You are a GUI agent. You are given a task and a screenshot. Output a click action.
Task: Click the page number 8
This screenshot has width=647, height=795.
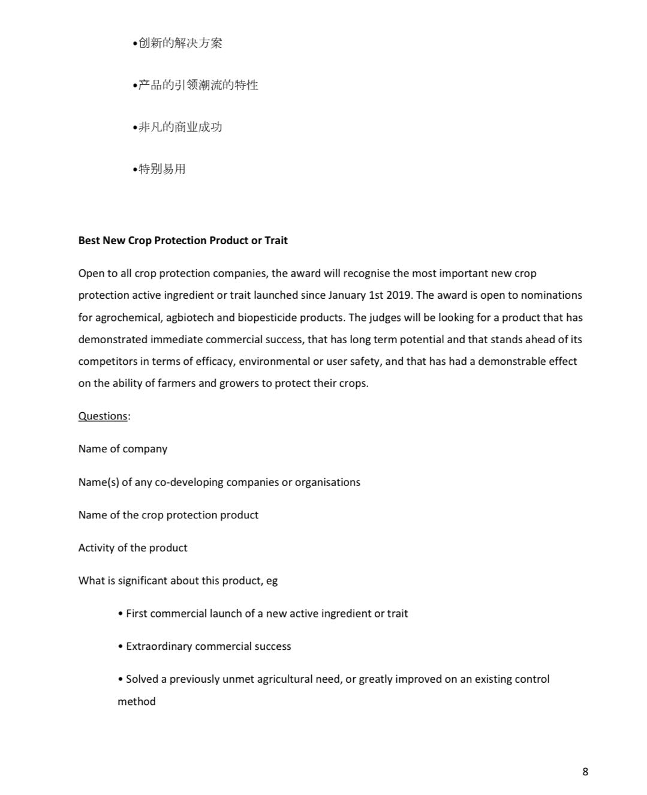point(585,772)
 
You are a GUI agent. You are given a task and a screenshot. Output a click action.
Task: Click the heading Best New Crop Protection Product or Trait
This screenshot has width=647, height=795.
point(183,241)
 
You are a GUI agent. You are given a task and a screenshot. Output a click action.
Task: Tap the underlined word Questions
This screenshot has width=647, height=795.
point(103,416)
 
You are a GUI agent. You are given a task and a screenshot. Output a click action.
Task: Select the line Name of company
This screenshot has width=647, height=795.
point(123,449)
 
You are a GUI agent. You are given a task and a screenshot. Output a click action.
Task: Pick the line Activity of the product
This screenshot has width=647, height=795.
point(133,548)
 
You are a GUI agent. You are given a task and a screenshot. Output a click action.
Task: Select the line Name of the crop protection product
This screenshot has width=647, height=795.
point(168,515)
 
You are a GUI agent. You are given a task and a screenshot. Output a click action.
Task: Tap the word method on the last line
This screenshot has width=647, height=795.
point(136,701)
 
